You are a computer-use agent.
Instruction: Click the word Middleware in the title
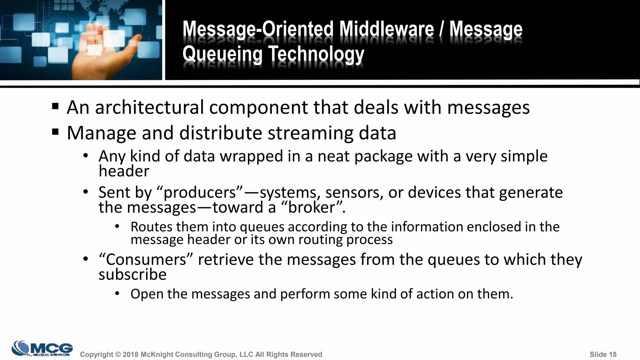(387, 29)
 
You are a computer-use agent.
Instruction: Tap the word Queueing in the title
(222, 54)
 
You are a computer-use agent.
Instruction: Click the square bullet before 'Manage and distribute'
(55, 132)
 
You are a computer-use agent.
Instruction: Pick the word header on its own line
(124, 171)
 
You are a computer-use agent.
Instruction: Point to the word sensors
(354, 192)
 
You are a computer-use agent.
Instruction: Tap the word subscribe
(132, 274)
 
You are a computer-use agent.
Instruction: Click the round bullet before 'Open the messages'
(117, 293)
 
